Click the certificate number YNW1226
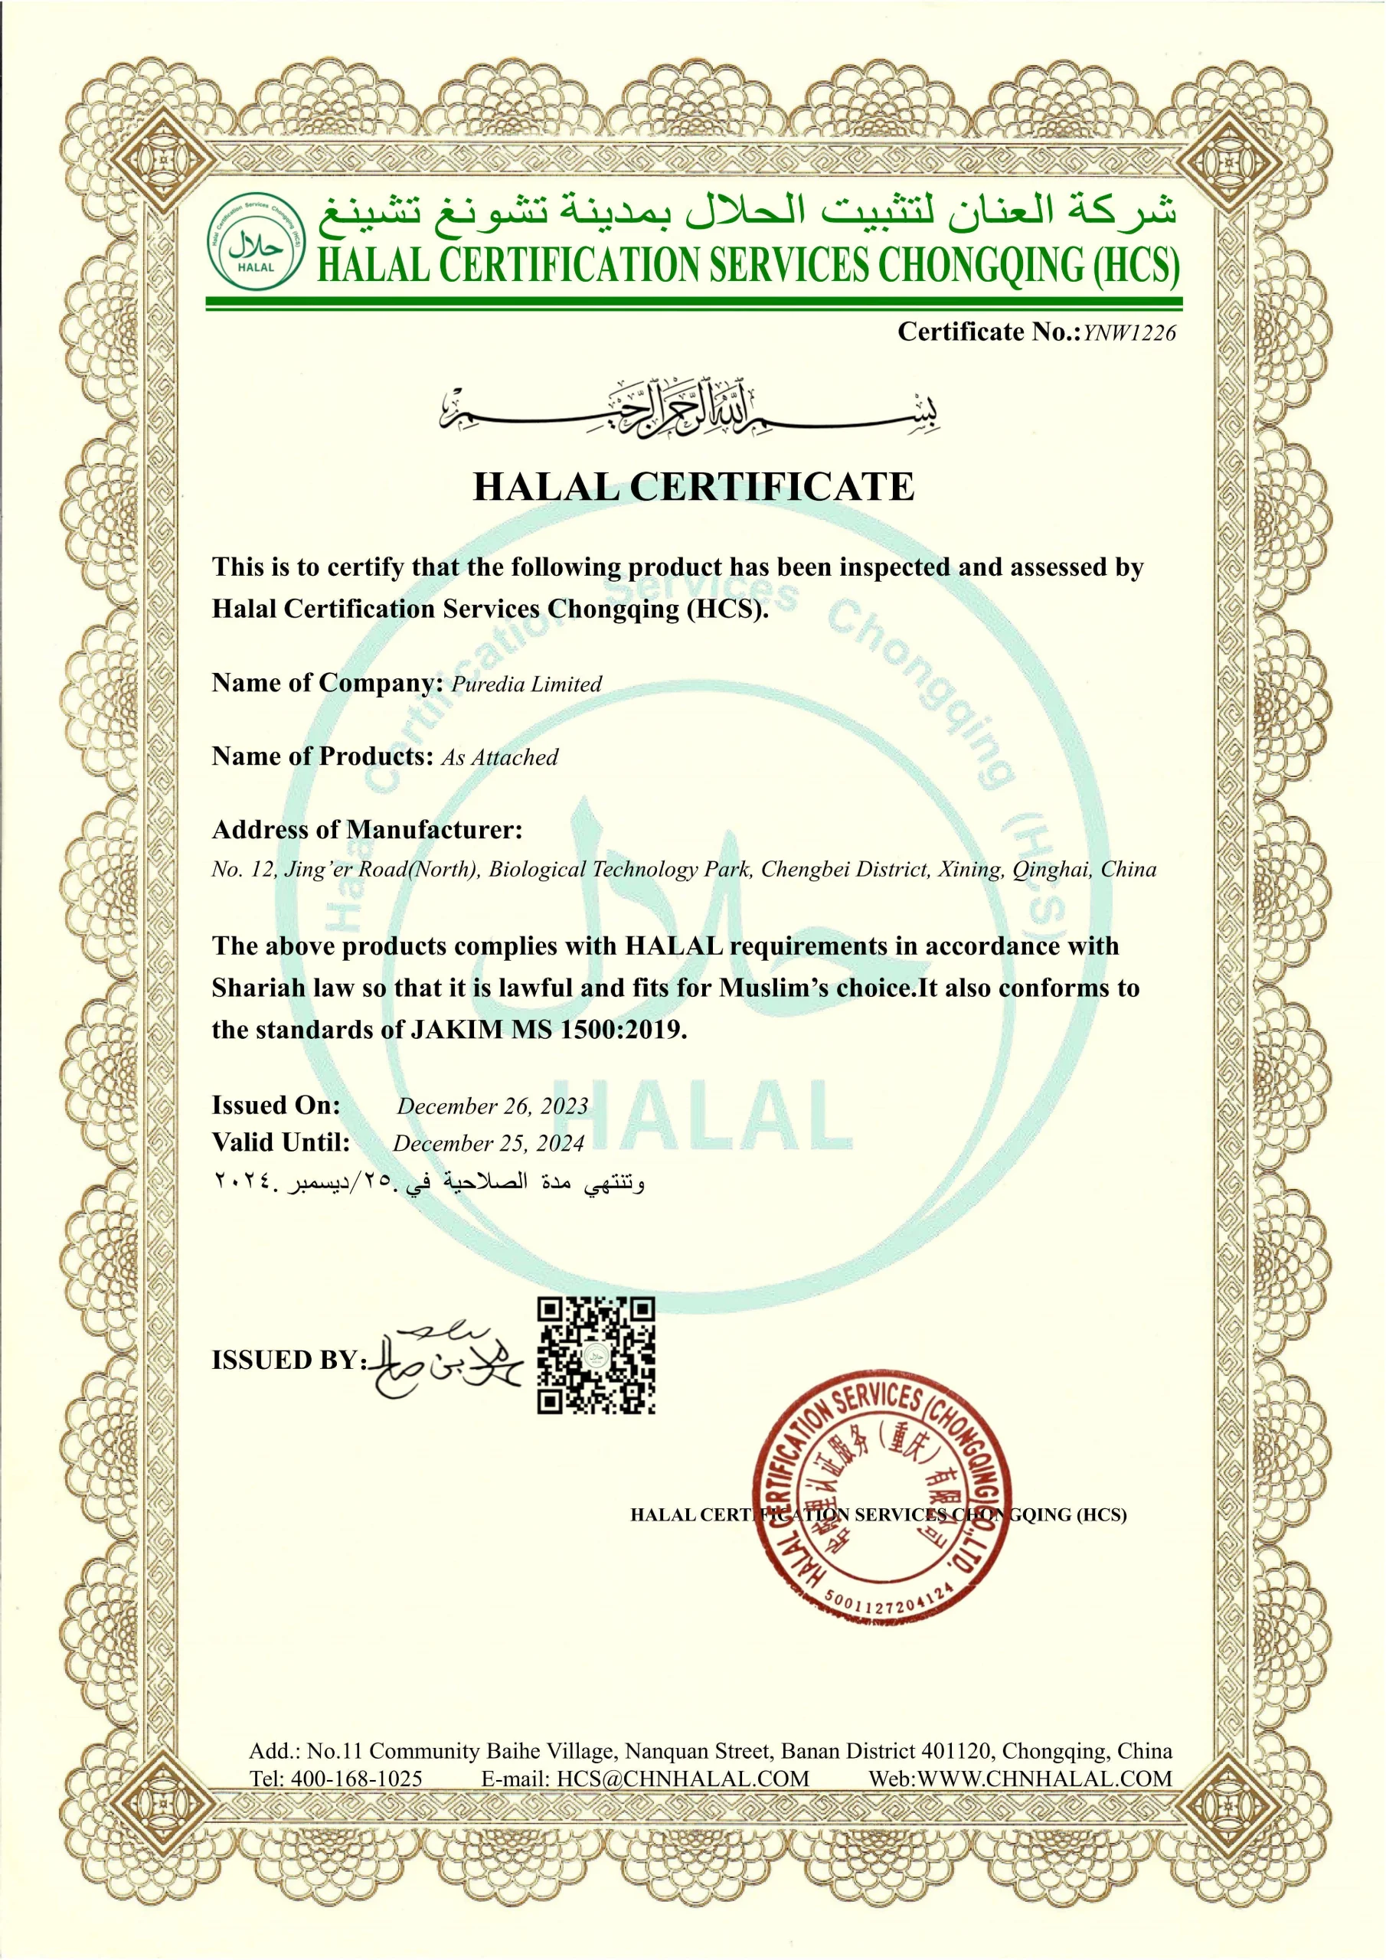[x=1129, y=333]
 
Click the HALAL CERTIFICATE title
[x=694, y=487]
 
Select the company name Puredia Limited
[x=526, y=684]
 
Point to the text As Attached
[x=499, y=758]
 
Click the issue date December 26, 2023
[x=492, y=1106]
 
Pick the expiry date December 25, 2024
[x=489, y=1144]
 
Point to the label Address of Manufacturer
[x=368, y=830]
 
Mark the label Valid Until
[x=281, y=1143]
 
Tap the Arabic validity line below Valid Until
[x=428, y=1184]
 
